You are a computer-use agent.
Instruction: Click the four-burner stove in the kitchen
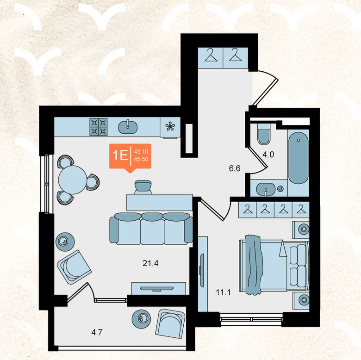click(99, 127)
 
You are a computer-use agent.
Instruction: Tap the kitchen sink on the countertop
click(128, 127)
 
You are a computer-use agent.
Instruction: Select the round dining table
click(73, 180)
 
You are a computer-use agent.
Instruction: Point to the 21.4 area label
click(150, 263)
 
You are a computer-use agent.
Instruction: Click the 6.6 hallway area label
click(235, 168)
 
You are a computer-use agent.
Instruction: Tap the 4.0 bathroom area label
click(268, 155)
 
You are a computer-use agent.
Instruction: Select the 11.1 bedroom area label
click(223, 293)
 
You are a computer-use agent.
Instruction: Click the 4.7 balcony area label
click(97, 332)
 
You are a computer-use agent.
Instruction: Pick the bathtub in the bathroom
click(299, 158)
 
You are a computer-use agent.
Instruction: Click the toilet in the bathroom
click(264, 134)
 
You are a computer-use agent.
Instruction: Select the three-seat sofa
click(151, 229)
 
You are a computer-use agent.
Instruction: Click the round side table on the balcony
click(141, 319)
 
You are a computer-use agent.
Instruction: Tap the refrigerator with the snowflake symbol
click(170, 128)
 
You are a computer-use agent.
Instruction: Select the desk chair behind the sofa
click(143, 187)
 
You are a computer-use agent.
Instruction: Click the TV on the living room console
click(156, 288)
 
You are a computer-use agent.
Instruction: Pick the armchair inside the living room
click(74, 267)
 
